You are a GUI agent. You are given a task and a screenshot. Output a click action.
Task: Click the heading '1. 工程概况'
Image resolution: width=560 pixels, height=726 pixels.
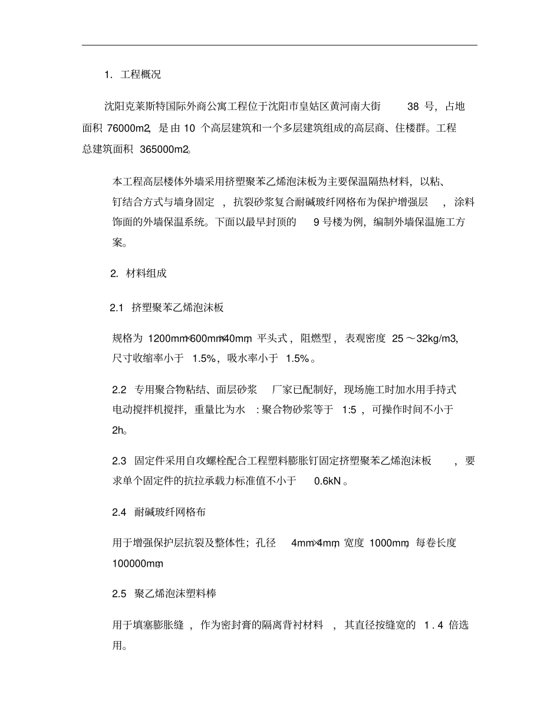pyautogui.click(x=132, y=75)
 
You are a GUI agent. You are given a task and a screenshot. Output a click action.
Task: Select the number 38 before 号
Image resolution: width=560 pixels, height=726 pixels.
pyautogui.click(x=413, y=107)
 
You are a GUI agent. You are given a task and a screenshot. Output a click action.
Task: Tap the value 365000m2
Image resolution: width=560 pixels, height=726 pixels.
pyautogui.click(x=164, y=149)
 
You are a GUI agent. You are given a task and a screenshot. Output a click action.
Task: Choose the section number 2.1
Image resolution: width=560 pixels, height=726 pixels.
pyautogui.click(x=117, y=308)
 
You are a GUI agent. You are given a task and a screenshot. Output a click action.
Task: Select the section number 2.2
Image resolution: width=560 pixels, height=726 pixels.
pyautogui.click(x=119, y=390)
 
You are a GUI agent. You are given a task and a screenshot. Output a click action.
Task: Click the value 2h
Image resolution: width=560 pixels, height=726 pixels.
pyautogui.click(x=117, y=431)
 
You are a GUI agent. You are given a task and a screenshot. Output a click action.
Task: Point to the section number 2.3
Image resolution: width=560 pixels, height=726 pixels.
pyautogui.click(x=119, y=461)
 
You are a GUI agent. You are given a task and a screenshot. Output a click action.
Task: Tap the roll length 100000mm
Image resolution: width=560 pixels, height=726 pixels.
pyautogui.click(x=137, y=564)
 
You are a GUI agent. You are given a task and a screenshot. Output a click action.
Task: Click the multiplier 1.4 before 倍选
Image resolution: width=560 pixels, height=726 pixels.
pyautogui.click(x=433, y=625)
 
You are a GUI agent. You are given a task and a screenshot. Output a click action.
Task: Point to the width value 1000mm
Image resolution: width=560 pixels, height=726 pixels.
pyautogui.click(x=389, y=543)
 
